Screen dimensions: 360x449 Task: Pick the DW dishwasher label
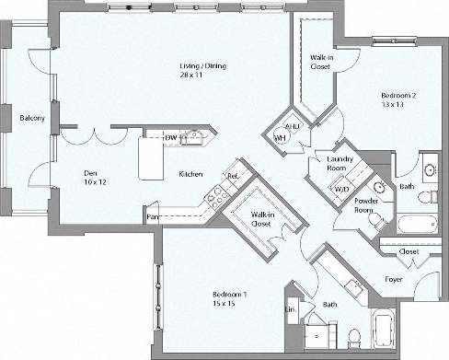170,138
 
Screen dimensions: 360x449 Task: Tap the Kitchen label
190,173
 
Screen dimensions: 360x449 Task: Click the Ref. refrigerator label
233,175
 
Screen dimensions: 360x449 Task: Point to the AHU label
288,126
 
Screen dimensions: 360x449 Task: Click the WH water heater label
280,139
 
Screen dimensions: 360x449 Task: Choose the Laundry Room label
341,163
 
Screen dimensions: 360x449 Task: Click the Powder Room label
369,205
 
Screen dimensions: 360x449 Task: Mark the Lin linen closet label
291,310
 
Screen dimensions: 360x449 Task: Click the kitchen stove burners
218,195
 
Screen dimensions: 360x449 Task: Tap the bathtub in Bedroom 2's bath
419,224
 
